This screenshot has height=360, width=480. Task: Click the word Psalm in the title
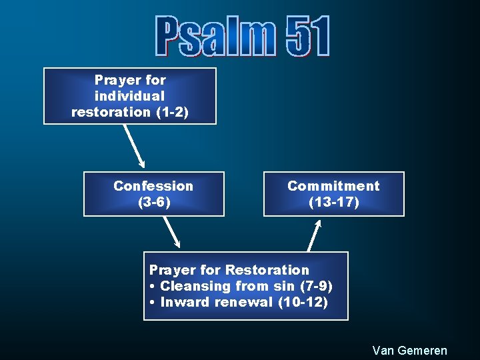(215, 37)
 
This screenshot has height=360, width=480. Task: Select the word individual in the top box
(129, 96)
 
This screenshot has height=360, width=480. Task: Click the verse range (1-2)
(172, 112)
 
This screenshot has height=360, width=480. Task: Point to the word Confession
(153, 186)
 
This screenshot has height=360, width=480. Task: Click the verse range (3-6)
(153, 202)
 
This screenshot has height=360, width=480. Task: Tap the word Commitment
(333, 186)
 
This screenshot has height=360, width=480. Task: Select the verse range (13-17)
(333, 202)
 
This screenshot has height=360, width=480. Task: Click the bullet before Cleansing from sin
(153, 287)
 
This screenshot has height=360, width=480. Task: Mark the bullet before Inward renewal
(153, 303)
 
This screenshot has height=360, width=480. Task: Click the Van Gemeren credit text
(409, 351)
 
